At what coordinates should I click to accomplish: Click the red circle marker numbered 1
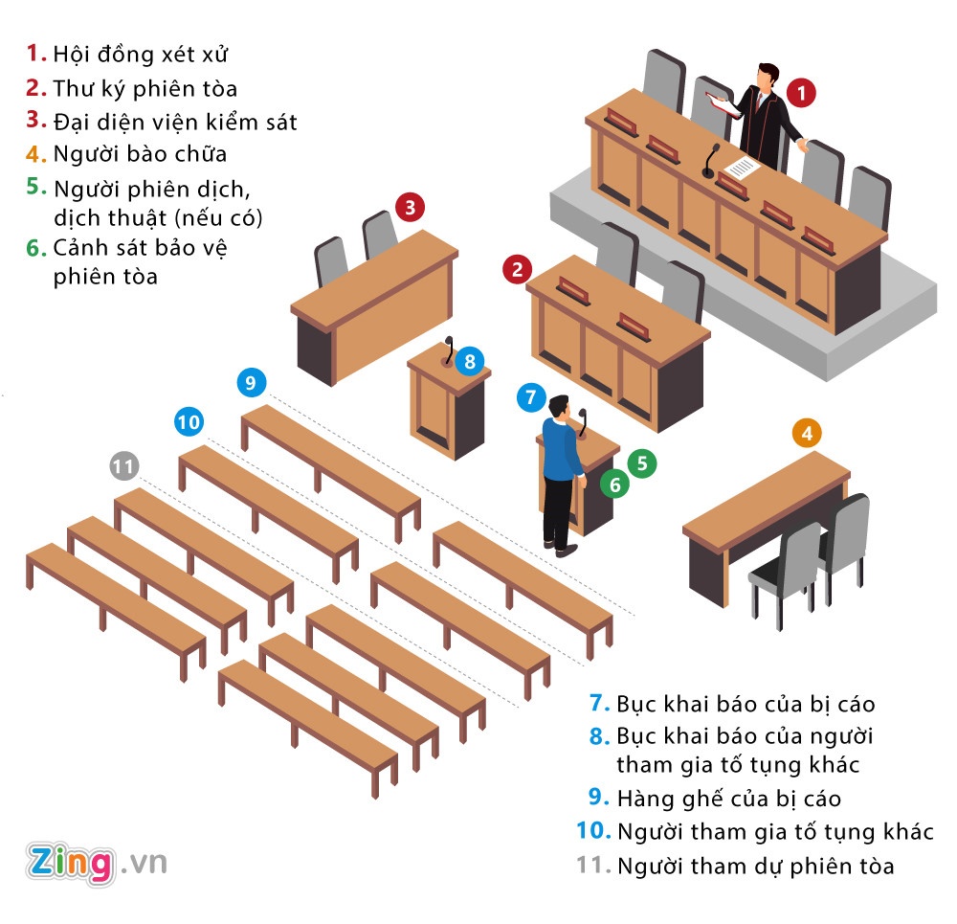(802, 93)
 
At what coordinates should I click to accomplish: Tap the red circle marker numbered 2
(518, 270)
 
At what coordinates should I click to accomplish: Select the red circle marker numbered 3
(410, 206)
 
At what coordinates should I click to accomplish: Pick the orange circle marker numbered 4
(808, 434)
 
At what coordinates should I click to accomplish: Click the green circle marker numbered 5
(641, 464)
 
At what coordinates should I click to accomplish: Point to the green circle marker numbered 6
(615, 485)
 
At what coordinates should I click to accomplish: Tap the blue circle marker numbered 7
(532, 396)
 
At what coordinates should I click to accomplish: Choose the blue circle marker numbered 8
(469, 361)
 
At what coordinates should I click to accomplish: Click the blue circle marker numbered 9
(251, 383)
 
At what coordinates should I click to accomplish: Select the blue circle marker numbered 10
(189, 420)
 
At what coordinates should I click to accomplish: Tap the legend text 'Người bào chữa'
(140, 153)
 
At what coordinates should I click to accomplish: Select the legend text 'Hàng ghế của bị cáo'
(728, 798)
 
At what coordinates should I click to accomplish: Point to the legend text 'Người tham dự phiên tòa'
(755, 867)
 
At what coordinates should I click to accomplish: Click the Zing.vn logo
(97, 862)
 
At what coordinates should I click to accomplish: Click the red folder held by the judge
(723, 104)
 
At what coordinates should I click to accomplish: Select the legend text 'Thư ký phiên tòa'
(145, 88)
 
